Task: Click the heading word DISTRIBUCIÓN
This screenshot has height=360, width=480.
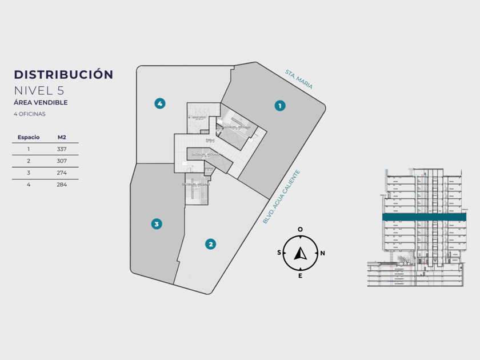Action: pos(63,74)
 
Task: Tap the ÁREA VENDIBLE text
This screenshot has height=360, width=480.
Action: pos(41,102)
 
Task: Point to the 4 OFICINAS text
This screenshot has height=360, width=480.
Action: pos(29,114)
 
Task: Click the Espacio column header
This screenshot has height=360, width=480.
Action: pos(29,137)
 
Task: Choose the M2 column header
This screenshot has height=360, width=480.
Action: pos(62,137)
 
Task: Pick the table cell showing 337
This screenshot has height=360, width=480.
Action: pos(62,149)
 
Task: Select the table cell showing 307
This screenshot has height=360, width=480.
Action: pos(62,161)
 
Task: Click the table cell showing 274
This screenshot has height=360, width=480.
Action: pos(62,173)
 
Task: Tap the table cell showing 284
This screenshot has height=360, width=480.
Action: pos(62,185)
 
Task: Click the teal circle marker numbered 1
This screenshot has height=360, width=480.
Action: pos(279,105)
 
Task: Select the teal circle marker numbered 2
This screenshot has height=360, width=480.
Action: pos(211,244)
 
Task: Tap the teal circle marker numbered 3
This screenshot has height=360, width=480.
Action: pos(157,224)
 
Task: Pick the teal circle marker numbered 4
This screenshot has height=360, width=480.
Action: pos(160,103)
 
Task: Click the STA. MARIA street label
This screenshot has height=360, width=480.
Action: pos(299,79)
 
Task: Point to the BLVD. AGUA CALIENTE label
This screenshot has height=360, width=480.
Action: pos(281,196)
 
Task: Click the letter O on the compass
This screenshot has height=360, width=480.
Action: pos(301,230)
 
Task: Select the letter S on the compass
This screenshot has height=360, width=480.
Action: pos(279,253)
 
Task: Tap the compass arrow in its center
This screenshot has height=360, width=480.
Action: pos(301,253)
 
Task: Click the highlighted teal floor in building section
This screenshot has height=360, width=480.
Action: pos(425,217)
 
